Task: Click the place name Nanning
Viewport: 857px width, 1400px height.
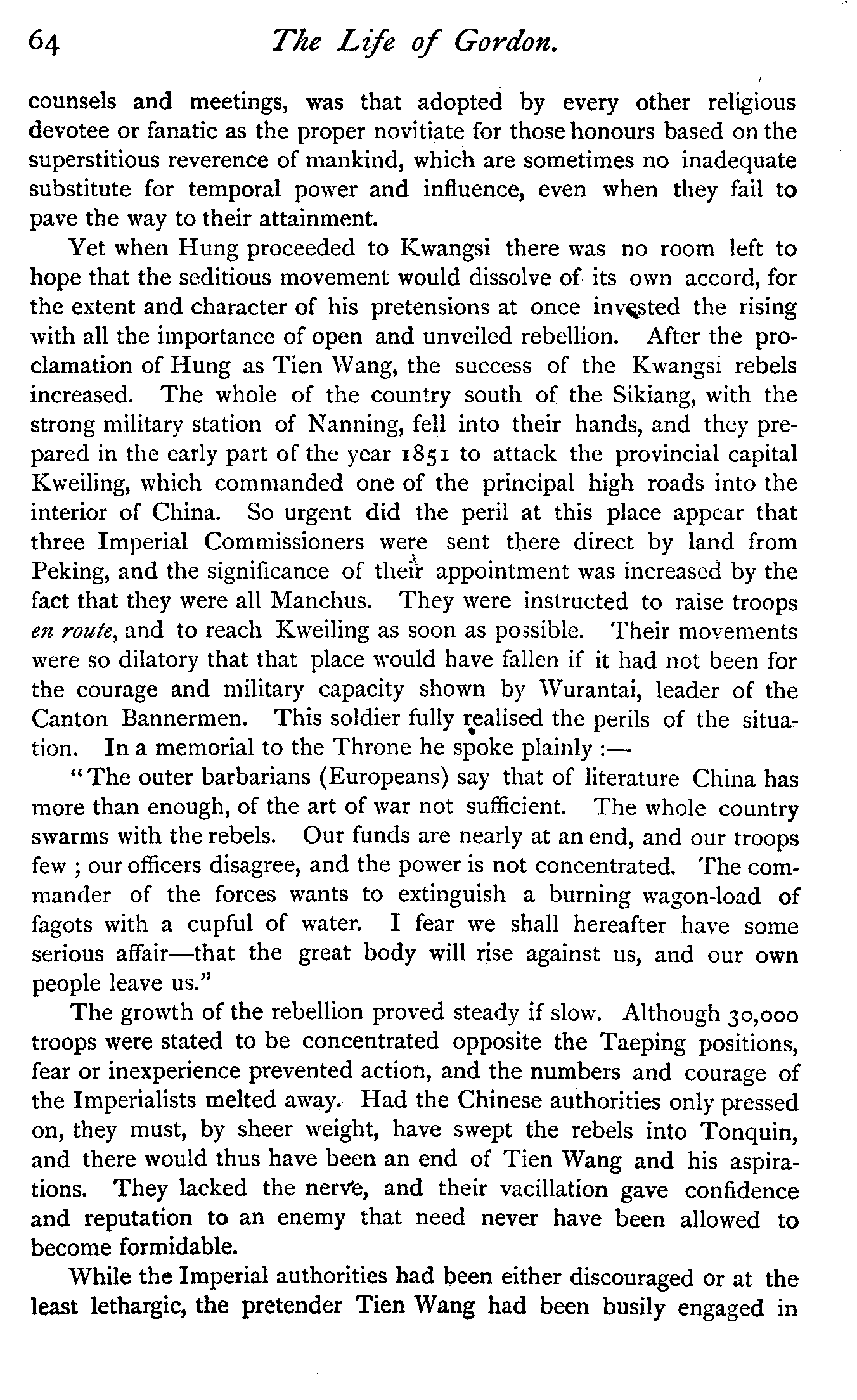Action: pyautogui.click(x=354, y=425)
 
